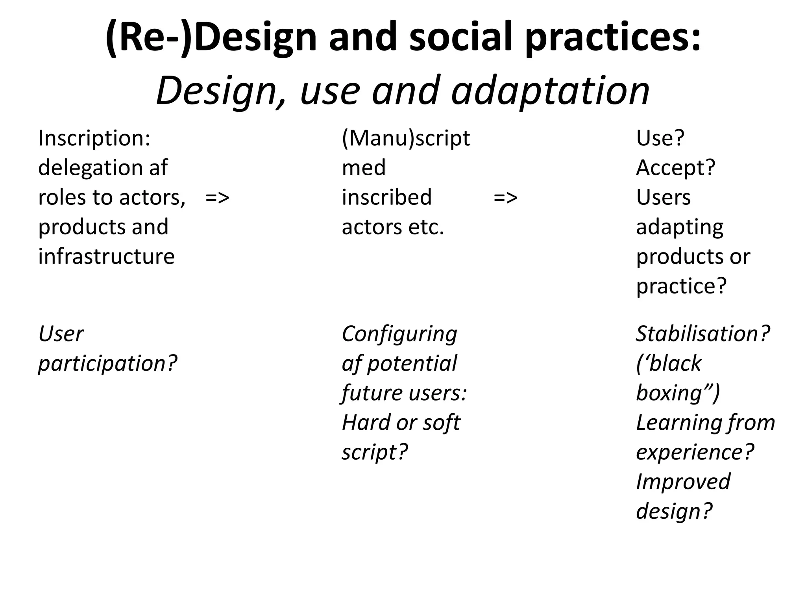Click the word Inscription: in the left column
pyautogui.click(x=94, y=139)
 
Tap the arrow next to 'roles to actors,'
pyautogui.click(x=217, y=197)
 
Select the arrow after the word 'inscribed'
pyautogui.click(x=505, y=197)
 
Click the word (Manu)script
pyautogui.click(x=406, y=139)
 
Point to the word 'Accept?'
pyautogui.click(x=675, y=168)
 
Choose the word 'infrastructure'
pyautogui.click(x=106, y=256)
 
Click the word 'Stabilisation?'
pyautogui.click(x=703, y=334)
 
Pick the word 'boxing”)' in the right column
pyautogui.click(x=678, y=393)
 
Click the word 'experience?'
pyautogui.click(x=695, y=452)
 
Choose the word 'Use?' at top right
pyautogui.click(x=660, y=139)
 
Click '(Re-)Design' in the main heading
pyautogui.click(x=211, y=38)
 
